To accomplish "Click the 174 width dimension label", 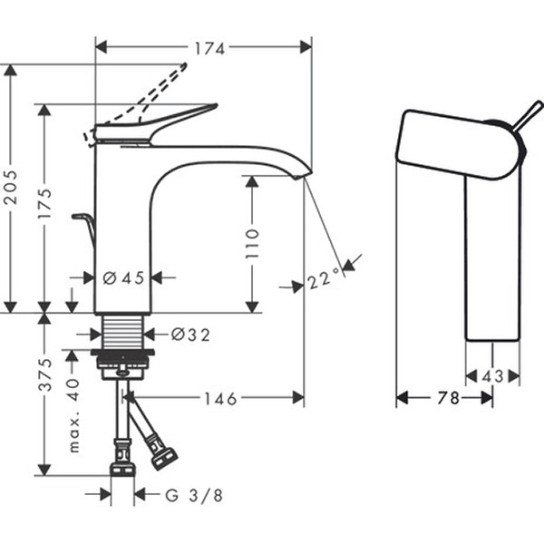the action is tap(209, 49).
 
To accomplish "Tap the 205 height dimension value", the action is tap(10, 187).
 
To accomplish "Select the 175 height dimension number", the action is tap(44, 204).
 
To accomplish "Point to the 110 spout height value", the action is tap(252, 243).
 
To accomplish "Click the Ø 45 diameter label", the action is tap(124, 278).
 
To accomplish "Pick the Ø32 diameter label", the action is tap(190, 335).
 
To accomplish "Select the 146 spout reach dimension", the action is tap(220, 399).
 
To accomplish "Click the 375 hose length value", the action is tap(44, 374).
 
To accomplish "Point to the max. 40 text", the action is tap(73, 415).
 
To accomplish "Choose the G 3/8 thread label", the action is tap(194, 495).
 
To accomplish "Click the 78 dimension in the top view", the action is tap(448, 398).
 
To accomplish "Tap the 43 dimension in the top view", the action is tap(492, 376).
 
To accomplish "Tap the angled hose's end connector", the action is tap(164, 459).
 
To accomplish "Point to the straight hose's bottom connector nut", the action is tap(122, 470).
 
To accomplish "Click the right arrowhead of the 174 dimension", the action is tap(306, 47).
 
